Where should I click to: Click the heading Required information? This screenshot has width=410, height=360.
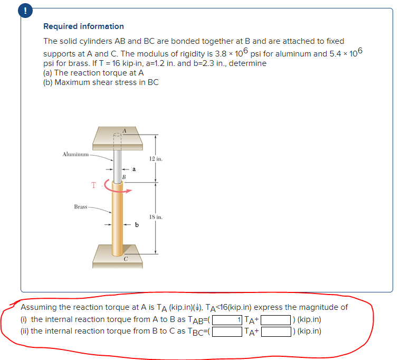[x=83, y=26]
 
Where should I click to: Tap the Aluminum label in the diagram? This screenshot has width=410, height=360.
[x=75, y=154]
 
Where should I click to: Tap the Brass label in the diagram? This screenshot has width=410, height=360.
[x=80, y=206]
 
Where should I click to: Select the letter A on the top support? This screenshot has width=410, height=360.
[x=125, y=130]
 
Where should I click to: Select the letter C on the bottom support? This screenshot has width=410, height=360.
[x=126, y=259]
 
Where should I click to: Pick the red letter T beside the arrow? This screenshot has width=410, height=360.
[x=93, y=185]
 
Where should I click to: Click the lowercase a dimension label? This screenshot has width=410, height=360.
[x=134, y=169]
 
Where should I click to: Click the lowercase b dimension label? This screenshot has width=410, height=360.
[x=137, y=225]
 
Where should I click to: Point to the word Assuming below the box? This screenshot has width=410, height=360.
[x=38, y=307]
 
